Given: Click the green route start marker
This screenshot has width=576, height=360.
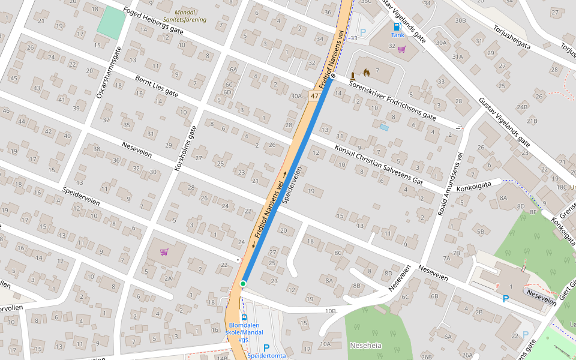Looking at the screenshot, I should pos(243,283).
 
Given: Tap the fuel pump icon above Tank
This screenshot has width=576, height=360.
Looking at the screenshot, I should pos(397,26).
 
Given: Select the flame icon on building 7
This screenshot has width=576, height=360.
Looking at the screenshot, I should pos(367,73).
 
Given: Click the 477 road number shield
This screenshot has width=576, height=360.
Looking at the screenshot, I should pos(314,96).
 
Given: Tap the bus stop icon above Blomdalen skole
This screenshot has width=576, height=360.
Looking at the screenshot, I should pos(244,317).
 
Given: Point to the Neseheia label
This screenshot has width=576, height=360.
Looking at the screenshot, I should pos(365,346).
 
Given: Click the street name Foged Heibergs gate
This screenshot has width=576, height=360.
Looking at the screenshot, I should pos(153,22).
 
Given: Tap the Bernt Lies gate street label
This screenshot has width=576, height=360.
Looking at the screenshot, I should pos(157,86).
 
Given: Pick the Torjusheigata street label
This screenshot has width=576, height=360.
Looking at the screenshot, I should pos(511,38).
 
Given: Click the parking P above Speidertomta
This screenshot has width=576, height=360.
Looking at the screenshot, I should pos(267,347).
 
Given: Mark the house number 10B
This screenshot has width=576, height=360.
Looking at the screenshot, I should pos(330,311).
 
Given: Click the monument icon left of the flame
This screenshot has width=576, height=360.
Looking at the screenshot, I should pos(354,75).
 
